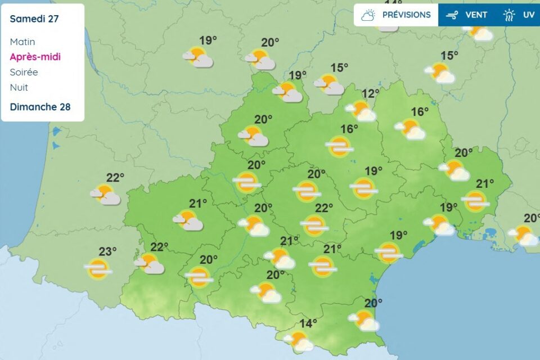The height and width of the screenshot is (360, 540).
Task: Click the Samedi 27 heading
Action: [x=34, y=19]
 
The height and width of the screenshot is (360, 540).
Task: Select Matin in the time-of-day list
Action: [x=22, y=42]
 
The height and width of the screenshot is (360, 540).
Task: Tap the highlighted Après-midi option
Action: [x=35, y=57]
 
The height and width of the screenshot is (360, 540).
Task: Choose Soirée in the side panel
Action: [x=24, y=72]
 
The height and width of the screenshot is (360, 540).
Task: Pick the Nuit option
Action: [x=19, y=87]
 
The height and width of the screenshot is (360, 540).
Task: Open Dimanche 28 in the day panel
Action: [x=40, y=107]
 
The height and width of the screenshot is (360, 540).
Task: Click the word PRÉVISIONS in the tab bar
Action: [x=406, y=15]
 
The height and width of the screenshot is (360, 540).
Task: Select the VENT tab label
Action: [x=476, y=15]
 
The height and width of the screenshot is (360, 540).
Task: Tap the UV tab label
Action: [x=529, y=15]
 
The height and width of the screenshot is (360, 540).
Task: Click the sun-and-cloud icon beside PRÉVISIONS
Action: [x=368, y=15]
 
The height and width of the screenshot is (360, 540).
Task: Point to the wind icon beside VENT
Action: [x=452, y=15]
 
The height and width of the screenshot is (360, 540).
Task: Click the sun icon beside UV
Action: [x=510, y=15]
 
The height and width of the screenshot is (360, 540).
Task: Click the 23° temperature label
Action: [x=108, y=251]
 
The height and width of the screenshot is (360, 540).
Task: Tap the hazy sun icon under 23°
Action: [x=98, y=269]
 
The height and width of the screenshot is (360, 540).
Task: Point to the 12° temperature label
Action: [x=371, y=93]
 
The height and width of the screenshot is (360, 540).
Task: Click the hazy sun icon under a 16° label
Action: [x=340, y=147]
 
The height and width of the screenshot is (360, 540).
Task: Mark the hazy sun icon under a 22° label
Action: [x=314, y=226]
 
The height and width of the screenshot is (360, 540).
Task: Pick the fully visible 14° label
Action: [x=308, y=323]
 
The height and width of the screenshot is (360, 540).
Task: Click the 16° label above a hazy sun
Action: [x=349, y=129]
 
